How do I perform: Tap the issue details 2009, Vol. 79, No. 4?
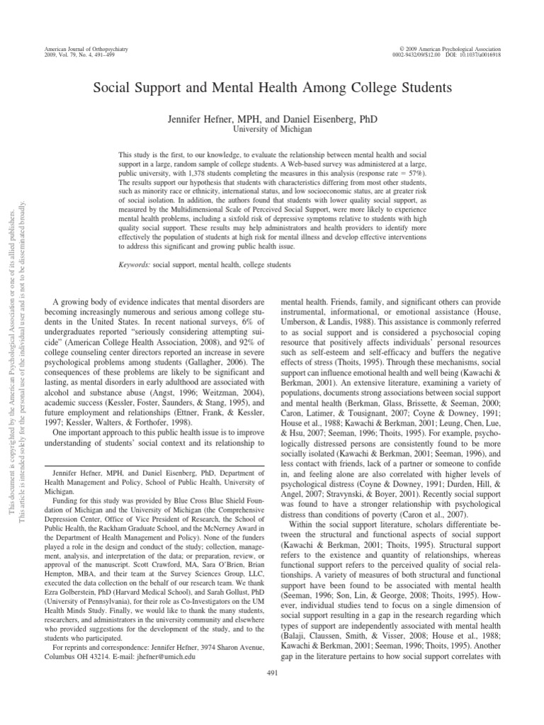point(71,54)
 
